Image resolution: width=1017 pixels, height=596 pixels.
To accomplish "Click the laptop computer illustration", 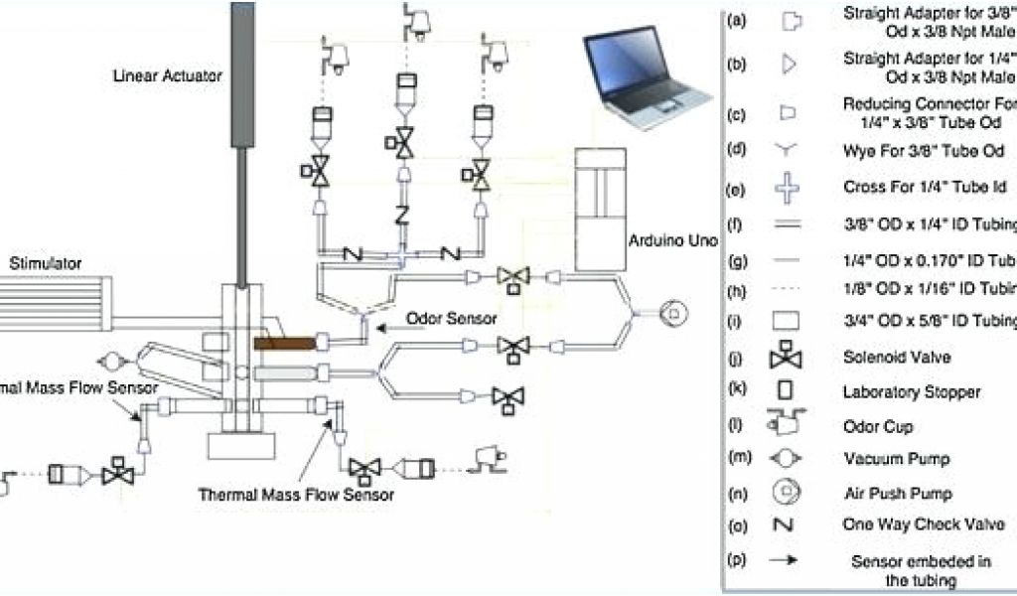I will pyautogui.click(x=647, y=78).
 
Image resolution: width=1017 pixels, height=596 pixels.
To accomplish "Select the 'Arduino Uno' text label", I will pyautogui.click(x=666, y=241).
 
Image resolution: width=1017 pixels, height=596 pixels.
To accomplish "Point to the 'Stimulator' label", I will pyautogui.click(x=45, y=263).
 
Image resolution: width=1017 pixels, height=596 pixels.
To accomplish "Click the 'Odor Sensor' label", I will pyautogui.click(x=451, y=319).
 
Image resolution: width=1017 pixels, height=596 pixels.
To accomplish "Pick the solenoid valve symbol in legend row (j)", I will pyautogui.click(x=791, y=357).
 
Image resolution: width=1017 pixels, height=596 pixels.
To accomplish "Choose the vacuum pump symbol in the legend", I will pyautogui.click(x=790, y=459).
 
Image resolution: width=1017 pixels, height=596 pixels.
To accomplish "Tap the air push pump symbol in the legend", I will pyautogui.click(x=790, y=492).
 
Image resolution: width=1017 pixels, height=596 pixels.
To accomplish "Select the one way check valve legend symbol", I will pyautogui.click(x=790, y=524).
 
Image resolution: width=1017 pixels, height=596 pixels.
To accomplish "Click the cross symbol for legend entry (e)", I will pyautogui.click(x=789, y=187).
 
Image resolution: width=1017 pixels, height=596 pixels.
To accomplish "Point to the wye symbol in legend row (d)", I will pyautogui.click(x=789, y=150).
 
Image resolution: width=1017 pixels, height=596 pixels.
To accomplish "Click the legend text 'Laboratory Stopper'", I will pyautogui.click(x=911, y=392).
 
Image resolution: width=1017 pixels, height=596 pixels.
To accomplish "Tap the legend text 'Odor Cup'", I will pyautogui.click(x=877, y=426).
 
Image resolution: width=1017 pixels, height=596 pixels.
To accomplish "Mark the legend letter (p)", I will pyautogui.click(x=737, y=560).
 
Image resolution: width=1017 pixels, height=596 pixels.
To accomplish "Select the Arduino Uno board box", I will pyautogui.click(x=600, y=209).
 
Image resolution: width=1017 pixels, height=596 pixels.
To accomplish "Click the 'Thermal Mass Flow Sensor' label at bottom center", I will pyautogui.click(x=296, y=494).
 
